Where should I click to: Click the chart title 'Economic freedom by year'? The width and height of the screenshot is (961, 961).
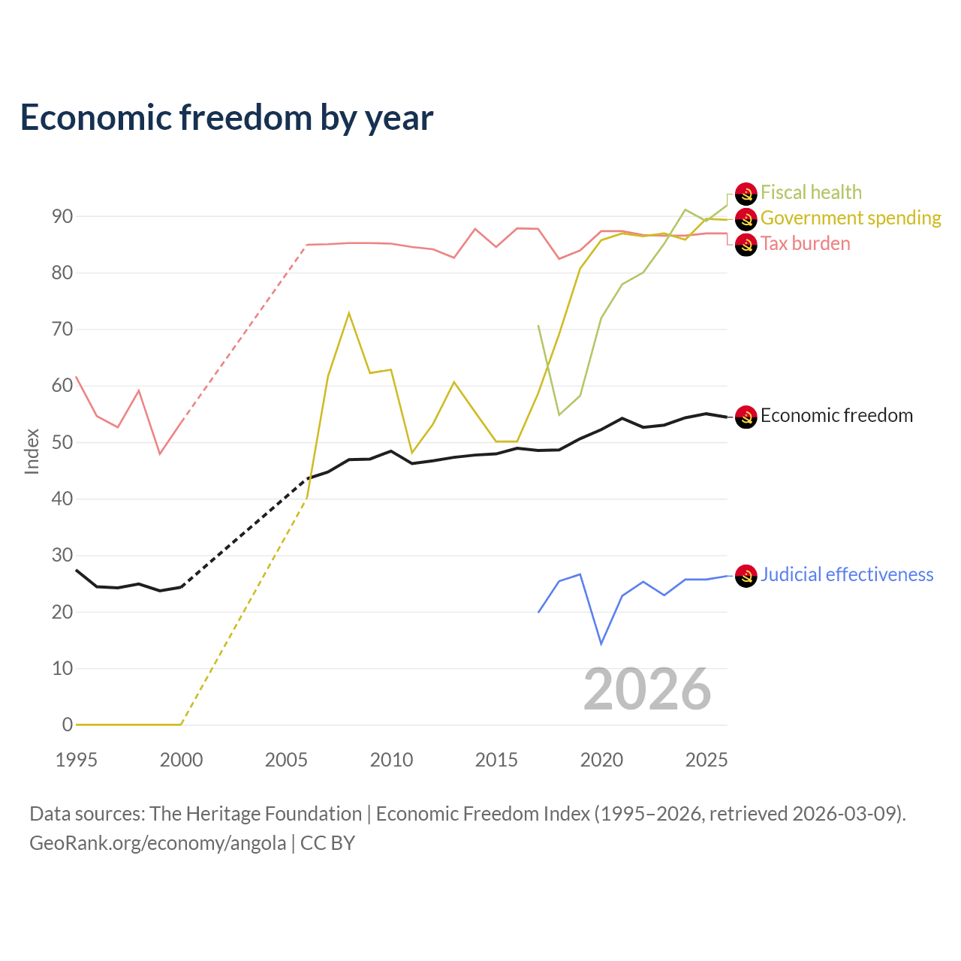[227, 118]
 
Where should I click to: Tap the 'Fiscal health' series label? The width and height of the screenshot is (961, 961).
[811, 192]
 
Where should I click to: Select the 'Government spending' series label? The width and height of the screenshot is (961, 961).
[851, 218]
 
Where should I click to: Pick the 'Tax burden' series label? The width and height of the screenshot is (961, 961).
[805, 244]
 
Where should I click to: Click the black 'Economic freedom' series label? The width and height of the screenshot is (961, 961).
[836, 415]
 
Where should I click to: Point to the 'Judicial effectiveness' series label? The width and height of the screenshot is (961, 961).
[847, 575]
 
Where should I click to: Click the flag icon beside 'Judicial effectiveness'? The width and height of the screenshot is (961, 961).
[746, 576]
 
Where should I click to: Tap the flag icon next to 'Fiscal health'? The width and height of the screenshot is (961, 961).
[746, 194]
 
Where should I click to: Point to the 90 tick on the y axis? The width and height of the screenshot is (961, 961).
[62, 216]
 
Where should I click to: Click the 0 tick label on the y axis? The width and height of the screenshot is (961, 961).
[68, 725]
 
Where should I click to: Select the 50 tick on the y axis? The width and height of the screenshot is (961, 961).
[62, 442]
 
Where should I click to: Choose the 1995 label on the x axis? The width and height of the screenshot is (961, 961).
[77, 760]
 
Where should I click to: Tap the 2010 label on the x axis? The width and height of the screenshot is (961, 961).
[391, 760]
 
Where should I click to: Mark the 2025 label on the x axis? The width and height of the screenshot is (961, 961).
[706, 760]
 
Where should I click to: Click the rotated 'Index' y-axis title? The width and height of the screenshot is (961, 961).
[32, 451]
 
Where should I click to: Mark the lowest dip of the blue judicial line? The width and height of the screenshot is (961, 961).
[601, 644]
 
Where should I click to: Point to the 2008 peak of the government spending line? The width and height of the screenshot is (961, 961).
[349, 313]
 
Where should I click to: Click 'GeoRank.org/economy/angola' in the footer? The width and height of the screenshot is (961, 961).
[158, 843]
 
